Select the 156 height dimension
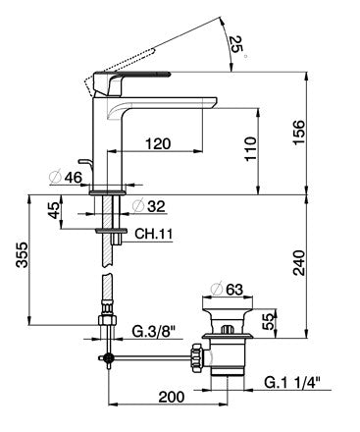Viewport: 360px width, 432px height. [x=298, y=132]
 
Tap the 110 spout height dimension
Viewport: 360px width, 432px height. [x=251, y=149]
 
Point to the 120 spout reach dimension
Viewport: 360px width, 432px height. [x=158, y=143]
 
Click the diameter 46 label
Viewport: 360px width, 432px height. [x=66, y=178]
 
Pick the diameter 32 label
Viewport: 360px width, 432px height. [x=149, y=206]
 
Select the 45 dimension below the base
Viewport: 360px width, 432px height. [x=54, y=210]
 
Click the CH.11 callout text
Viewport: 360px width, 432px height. [x=153, y=234]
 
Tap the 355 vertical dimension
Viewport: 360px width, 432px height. [x=23, y=255]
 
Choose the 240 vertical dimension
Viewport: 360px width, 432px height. [x=299, y=263]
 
